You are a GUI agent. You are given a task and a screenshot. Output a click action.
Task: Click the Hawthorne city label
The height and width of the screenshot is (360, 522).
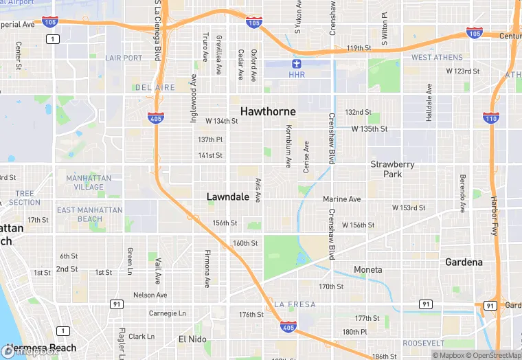pyautogui.click(x=268, y=111)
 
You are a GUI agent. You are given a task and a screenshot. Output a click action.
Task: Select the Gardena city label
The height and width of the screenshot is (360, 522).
pyautogui.click(x=464, y=262)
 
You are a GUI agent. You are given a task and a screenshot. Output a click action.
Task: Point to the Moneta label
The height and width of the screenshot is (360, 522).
pyautogui.click(x=367, y=269)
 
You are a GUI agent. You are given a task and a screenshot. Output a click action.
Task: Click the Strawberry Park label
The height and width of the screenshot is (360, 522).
pyautogui.click(x=392, y=169)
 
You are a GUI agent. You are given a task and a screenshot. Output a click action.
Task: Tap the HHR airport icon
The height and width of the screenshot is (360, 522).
pyautogui.click(x=297, y=64)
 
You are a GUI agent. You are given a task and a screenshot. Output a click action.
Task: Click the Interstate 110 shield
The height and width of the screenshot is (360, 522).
pyautogui.click(x=490, y=119)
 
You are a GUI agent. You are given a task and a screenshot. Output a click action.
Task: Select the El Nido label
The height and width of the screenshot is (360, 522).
pyautogui.click(x=192, y=339)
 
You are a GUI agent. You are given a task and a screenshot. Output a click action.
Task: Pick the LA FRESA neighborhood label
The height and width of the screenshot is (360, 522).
pyautogui.click(x=295, y=304)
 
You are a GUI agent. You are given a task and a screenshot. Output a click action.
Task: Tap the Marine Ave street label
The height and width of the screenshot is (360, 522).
pyautogui.click(x=341, y=199)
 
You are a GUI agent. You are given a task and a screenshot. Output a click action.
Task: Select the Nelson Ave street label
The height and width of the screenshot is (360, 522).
pyautogui.click(x=150, y=295)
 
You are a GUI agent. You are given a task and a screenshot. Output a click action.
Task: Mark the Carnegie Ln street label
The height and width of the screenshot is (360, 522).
pyautogui.click(x=167, y=313)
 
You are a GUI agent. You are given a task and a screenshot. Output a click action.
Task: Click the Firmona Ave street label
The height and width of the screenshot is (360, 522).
pyautogui.click(x=207, y=269)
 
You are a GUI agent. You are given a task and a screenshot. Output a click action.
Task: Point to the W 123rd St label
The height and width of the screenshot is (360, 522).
pyautogui.click(x=462, y=71)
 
